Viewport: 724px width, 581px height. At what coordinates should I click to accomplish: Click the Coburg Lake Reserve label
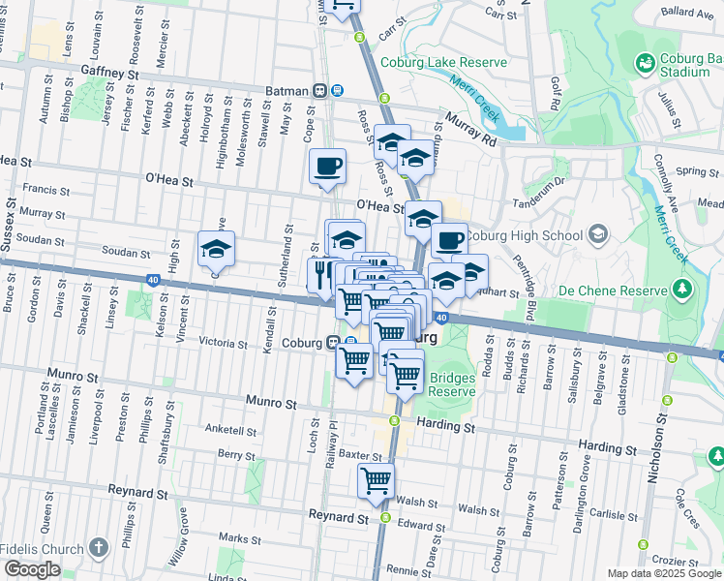tap(444, 63)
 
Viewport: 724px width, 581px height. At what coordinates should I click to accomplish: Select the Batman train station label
tap(289, 91)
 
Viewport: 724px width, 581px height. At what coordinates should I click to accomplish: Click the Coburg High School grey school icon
tap(599, 234)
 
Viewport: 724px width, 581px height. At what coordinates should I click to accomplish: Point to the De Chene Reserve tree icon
tap(682, 290)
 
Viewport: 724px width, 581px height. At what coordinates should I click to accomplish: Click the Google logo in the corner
tap(32, 569)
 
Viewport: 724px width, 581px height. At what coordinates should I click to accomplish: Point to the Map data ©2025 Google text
tap(663, 573)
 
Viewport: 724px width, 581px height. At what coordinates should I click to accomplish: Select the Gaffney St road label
tap(111, 73)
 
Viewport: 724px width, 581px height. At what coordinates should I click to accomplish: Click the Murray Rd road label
tap(471, 129)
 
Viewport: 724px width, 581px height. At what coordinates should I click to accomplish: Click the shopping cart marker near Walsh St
tap(376, 481)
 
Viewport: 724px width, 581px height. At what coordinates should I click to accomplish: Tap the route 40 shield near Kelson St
tap(154, 280)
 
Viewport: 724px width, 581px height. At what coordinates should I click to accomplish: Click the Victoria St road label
tap(224, 342)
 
